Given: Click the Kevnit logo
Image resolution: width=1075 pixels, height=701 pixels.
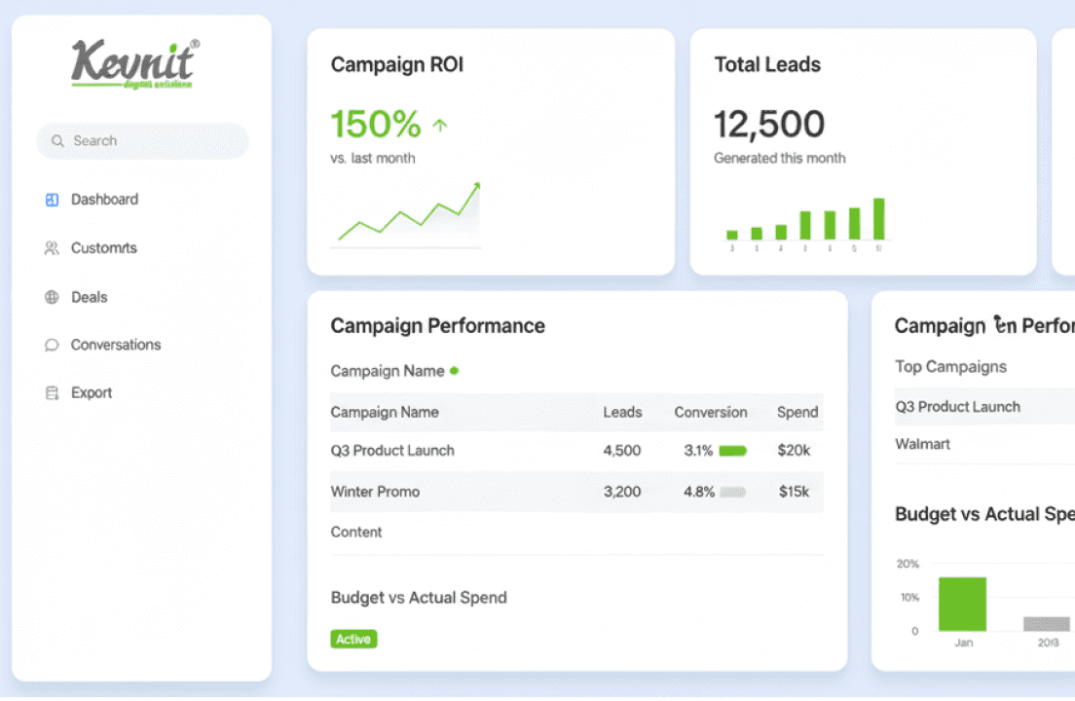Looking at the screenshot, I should (x=134, y=63).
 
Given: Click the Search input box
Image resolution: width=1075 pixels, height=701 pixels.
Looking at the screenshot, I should (x=142, y=141).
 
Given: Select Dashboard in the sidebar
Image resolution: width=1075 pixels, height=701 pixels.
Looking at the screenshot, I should (x=104, y=200).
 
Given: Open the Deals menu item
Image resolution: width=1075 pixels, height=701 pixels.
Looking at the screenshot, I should (x=89, y=297).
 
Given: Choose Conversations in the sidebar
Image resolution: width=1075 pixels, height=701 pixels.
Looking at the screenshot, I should (x=115, y=345).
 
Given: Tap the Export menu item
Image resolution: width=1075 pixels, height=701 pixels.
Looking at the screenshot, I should (x=92, y=393).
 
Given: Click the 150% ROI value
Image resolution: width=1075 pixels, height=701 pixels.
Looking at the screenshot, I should (x=376, y=125).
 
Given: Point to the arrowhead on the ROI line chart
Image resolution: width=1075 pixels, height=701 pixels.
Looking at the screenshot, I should (x=476, y=186).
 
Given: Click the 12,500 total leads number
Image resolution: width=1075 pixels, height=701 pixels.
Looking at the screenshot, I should (x=769, y=125).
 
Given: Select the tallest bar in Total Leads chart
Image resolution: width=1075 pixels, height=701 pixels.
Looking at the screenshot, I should (x=878, y=219).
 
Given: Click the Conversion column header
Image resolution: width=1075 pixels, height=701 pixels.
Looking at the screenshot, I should (x=711, y=412).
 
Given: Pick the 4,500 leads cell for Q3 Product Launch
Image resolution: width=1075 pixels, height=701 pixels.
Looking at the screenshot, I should (x=622, y=451).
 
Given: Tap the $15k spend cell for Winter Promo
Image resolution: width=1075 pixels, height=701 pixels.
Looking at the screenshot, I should (x=794, y=492).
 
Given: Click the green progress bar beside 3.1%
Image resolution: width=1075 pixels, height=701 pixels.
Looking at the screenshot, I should (x=732, y=451).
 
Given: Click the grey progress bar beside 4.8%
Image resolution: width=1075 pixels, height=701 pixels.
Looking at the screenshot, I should (x=732, y=492).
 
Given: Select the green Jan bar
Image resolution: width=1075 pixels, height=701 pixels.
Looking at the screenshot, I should (x=962, y=604).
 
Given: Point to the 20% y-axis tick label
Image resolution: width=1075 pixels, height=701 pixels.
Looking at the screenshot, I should (x=908, y=564).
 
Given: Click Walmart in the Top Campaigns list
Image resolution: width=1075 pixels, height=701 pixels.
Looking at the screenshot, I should (x=922, y=444).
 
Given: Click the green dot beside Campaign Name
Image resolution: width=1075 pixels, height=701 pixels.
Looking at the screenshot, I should (x=455, y=371).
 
